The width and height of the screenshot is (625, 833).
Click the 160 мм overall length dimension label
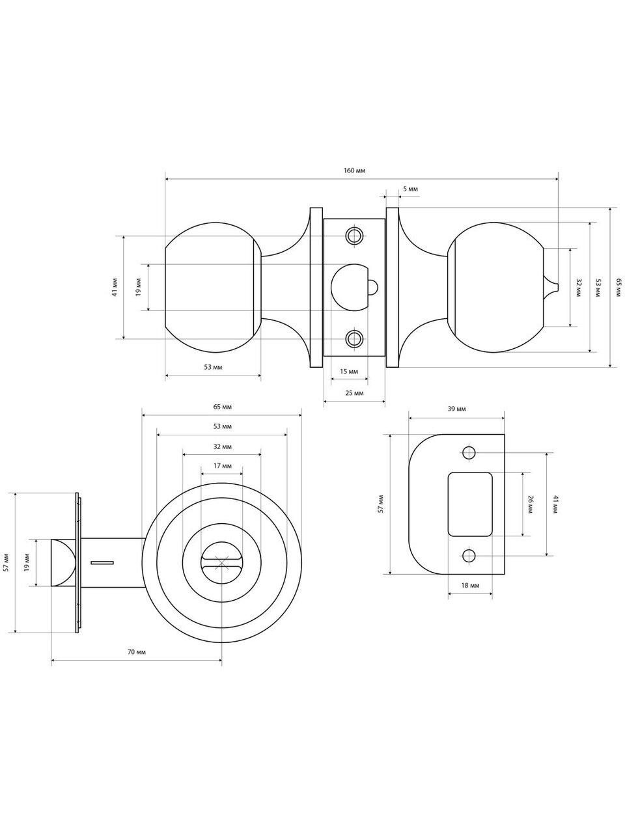coord(354,171)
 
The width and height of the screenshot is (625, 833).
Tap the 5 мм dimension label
coord(410,189)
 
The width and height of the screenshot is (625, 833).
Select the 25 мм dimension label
coord(354,393)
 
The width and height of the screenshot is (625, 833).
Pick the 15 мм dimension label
coord(349,371)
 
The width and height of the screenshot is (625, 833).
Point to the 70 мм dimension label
coord(136,652)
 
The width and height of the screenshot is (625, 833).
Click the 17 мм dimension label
coord(222,466)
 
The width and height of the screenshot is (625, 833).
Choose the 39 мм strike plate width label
coord(456,409)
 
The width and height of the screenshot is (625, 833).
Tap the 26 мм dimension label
coord(531,504)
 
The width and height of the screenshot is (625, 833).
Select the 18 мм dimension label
coord(470,585)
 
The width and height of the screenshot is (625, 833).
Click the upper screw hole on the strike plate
coord(469,452)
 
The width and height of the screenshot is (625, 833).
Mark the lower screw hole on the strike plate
coord(469,556)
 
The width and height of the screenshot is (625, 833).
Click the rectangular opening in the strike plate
coord(470,504)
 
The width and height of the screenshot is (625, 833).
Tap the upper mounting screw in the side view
coord(354,236)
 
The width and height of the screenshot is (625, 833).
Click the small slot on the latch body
coord(102,562)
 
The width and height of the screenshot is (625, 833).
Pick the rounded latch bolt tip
coord(63,562)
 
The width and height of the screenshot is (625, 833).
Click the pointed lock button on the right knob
coord(551,287)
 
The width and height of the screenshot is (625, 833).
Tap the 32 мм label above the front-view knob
coord(222,446)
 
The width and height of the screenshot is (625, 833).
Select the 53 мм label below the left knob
coord(213,367)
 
